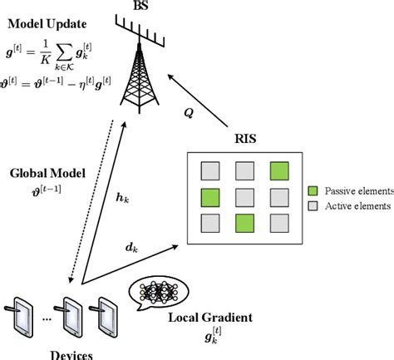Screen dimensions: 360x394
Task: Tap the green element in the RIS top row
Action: [x=278, y=171]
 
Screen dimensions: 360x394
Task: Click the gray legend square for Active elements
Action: [x=313, y=205]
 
